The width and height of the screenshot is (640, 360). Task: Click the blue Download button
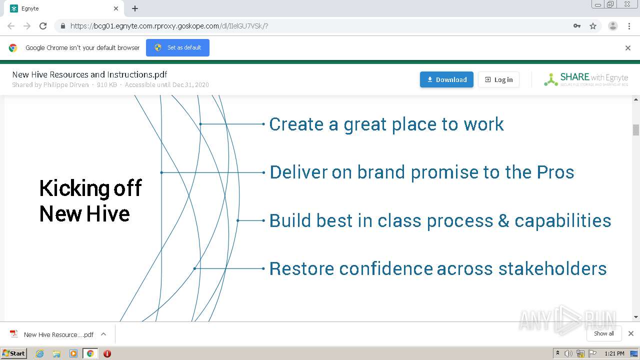tap(446, 79)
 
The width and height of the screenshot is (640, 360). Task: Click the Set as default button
tap(177, 47)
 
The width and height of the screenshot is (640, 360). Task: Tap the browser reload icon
tap(43, 26)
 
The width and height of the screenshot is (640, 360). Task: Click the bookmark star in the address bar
tap(593, 26)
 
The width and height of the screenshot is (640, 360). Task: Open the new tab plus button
tap(135, 8)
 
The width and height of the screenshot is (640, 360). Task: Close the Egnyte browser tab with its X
tap(116, 8)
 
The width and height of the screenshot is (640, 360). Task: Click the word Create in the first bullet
tap(296, 124)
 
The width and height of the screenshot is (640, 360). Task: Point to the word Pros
tap(555, 172)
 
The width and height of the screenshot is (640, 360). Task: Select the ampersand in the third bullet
tap(503, 220)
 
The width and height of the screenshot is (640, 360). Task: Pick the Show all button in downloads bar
tap(603, 333)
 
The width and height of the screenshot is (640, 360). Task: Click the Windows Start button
tap(13, 353)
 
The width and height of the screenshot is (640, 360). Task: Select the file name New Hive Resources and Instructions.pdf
tap(89, 74)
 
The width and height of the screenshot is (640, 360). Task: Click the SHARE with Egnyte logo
tap(586, 79)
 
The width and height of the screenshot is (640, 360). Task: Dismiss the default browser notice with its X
tap(628, 48)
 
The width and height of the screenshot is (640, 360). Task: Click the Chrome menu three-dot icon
tap(629, 26)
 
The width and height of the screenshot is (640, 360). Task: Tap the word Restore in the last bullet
tap(301, 268)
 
